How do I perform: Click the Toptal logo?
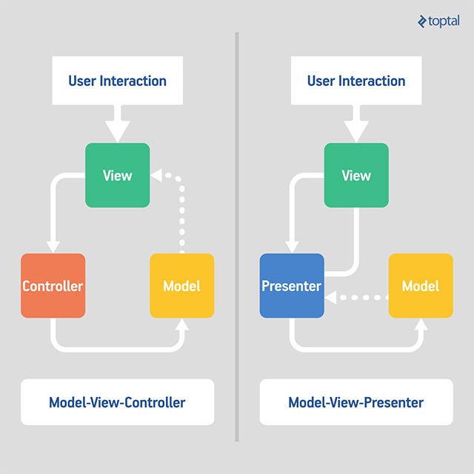click(438, 21)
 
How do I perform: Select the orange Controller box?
click(53, 286)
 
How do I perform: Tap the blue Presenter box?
click(292, 286)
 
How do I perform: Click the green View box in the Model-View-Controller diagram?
click(117, 176)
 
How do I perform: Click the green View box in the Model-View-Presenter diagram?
click(356, 176)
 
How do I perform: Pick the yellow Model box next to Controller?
click(181, 286)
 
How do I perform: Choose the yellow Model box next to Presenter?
click(421, 286)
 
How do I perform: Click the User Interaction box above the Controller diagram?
click(117, 81)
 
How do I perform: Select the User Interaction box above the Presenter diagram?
click(356, 81)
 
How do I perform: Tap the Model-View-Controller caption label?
click(117, 403)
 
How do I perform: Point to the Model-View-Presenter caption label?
click(356, 403)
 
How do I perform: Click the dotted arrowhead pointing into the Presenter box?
click(331, 298)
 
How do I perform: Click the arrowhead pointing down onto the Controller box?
click(53, 247)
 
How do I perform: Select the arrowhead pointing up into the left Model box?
click(181, 324)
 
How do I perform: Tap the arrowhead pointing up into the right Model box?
click(421, 324)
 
